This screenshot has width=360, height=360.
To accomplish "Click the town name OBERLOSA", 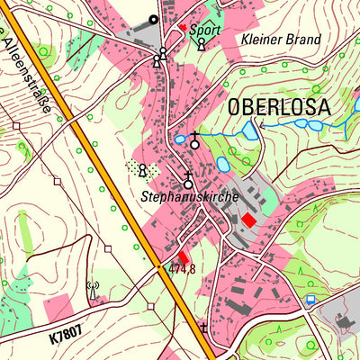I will coord(279,108).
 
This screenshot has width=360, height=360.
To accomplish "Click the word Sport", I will coord(204,30).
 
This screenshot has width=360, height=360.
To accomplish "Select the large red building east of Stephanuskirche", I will coord(247,219).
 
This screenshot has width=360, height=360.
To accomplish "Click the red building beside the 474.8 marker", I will coord(184,257).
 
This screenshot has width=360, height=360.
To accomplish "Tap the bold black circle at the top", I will coord(153,19).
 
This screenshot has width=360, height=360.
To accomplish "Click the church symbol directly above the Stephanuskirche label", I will coord(188,180).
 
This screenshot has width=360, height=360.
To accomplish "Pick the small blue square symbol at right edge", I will coord(310,298).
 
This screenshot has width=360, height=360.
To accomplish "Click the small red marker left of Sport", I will coord(183,28).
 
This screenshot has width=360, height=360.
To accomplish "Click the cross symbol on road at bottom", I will coord(203,328).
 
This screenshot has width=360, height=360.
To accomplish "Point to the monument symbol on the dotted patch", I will coord(141,169).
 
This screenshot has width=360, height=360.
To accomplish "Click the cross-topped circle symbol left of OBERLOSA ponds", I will coord(193,140).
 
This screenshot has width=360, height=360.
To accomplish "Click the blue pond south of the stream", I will coord(223,165).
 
